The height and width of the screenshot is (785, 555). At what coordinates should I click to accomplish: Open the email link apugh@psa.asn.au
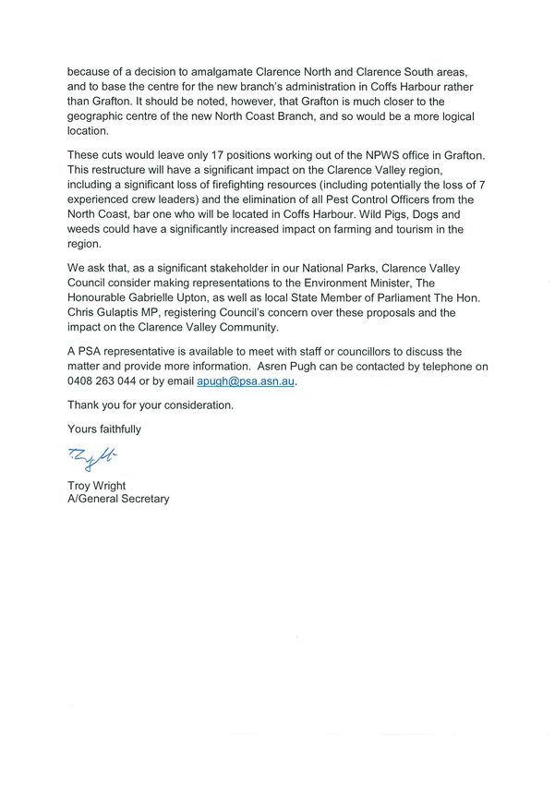246,380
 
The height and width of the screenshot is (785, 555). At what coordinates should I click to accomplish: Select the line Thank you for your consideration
151,405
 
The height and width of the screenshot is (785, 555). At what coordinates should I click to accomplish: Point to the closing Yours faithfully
104,429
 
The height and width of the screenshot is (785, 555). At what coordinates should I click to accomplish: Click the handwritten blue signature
93,456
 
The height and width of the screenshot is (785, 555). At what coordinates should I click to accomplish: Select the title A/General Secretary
118,500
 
